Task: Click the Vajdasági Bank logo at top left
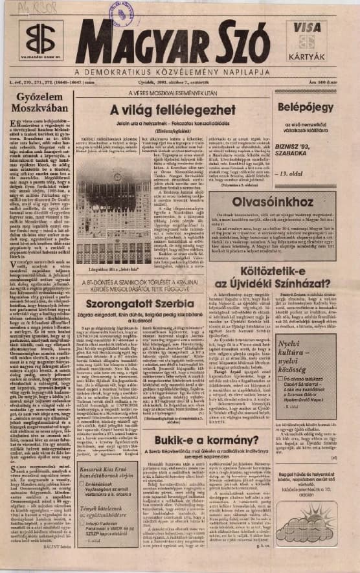coord(40,40)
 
